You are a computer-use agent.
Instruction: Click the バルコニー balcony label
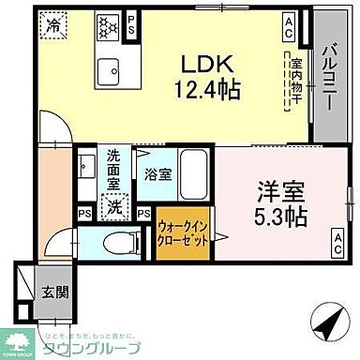tap(331, 74)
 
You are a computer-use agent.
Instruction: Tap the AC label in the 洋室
tap(335, 250)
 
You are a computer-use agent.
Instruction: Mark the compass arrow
tap(328, 324)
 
